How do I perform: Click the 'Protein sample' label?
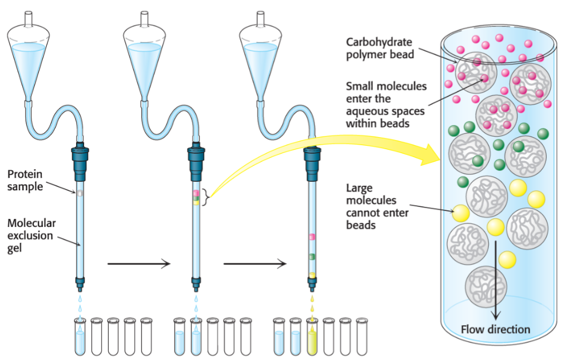click(25, 180)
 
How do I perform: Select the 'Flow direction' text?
click(495, 330)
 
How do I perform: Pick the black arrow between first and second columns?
click(139, 263)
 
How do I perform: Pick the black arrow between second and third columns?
click(254, 263)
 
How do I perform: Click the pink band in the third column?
click(312, 236)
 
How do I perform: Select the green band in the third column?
click(312, 257)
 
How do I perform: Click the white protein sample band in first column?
click(80, 193)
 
